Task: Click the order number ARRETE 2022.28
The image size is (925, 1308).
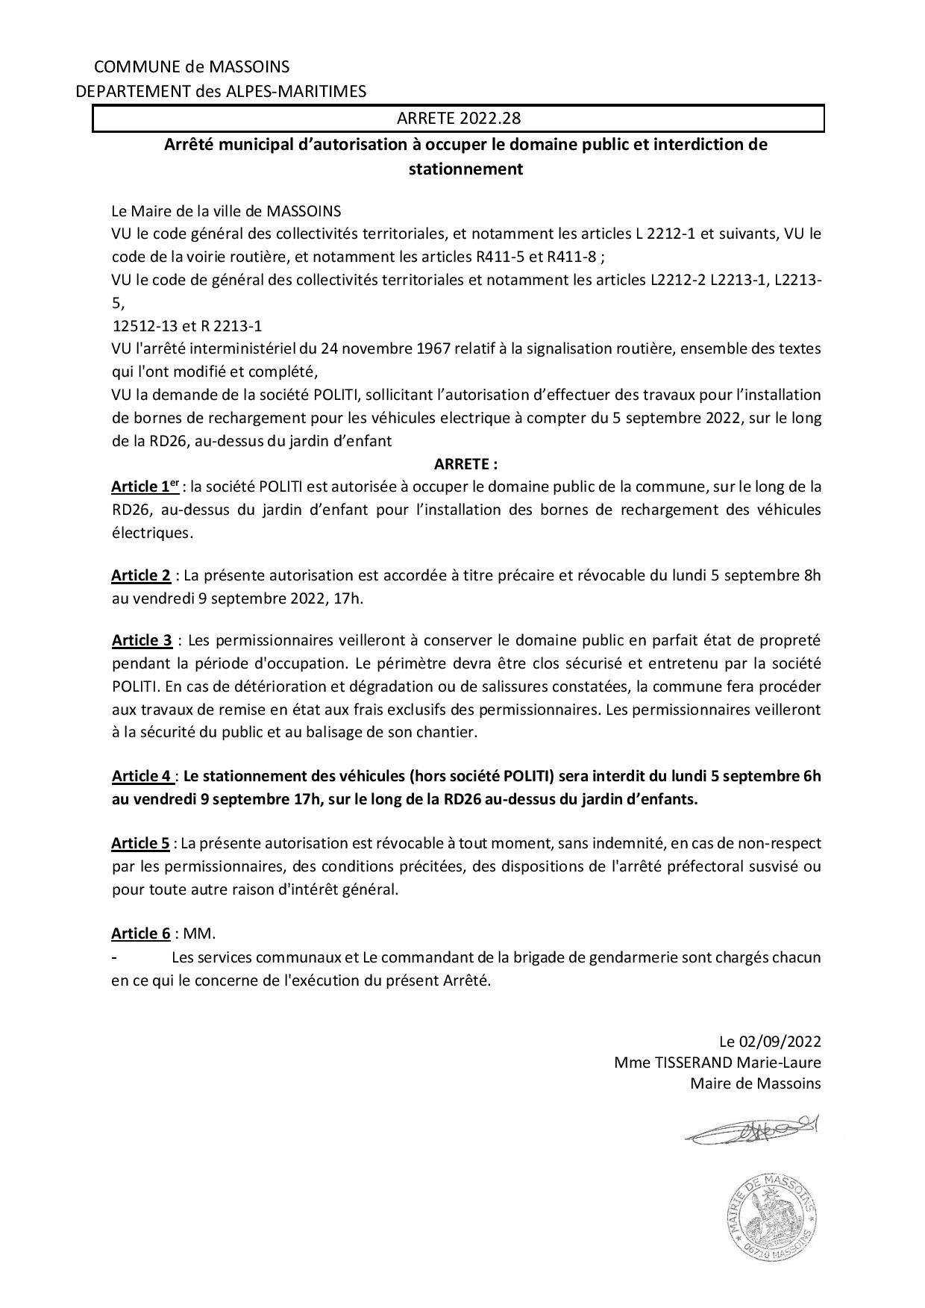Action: point(458,119)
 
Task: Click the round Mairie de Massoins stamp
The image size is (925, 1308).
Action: point(772,1216)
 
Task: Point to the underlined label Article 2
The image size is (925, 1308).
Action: point(141,575)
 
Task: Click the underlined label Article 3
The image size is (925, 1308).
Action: point(142,640)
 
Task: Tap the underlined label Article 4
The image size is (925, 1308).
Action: point(142,776)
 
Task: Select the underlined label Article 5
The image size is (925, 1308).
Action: point(141,843)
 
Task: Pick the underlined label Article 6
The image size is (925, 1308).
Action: point(141,933)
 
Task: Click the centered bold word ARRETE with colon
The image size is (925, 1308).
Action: point(465,464)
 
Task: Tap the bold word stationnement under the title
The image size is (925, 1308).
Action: point(465,169)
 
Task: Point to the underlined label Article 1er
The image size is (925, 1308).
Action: point(145,486)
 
